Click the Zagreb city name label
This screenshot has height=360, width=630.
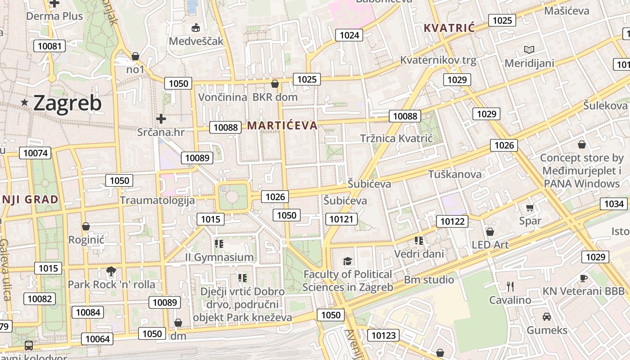[67, 103]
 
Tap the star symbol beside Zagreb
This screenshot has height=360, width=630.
[25, 103]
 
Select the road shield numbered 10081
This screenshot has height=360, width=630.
[49, 46]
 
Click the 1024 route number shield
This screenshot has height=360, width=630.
[349, 35]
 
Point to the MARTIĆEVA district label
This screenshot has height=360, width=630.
[283, 126]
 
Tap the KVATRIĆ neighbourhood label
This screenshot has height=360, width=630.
[449, 28]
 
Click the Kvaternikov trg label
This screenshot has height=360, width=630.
[438, 60]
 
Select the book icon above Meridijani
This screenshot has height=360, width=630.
[529, 49]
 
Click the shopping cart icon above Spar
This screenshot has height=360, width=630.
[530, 207]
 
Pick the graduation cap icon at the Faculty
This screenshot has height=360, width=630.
[347, 261]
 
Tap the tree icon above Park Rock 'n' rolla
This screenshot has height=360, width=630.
[111, 271]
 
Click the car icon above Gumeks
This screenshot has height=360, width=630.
[547, 317]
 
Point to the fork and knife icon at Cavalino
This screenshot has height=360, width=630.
[510, 286]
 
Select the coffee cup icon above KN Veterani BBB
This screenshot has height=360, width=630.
[583, 278]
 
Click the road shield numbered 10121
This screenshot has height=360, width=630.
[342, 219]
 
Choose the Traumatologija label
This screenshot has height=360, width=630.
[157, 200]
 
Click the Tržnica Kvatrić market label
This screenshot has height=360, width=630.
[396, 138]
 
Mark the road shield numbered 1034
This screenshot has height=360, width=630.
[614, 204]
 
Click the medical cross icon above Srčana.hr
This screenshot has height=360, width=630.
[161, 119]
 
